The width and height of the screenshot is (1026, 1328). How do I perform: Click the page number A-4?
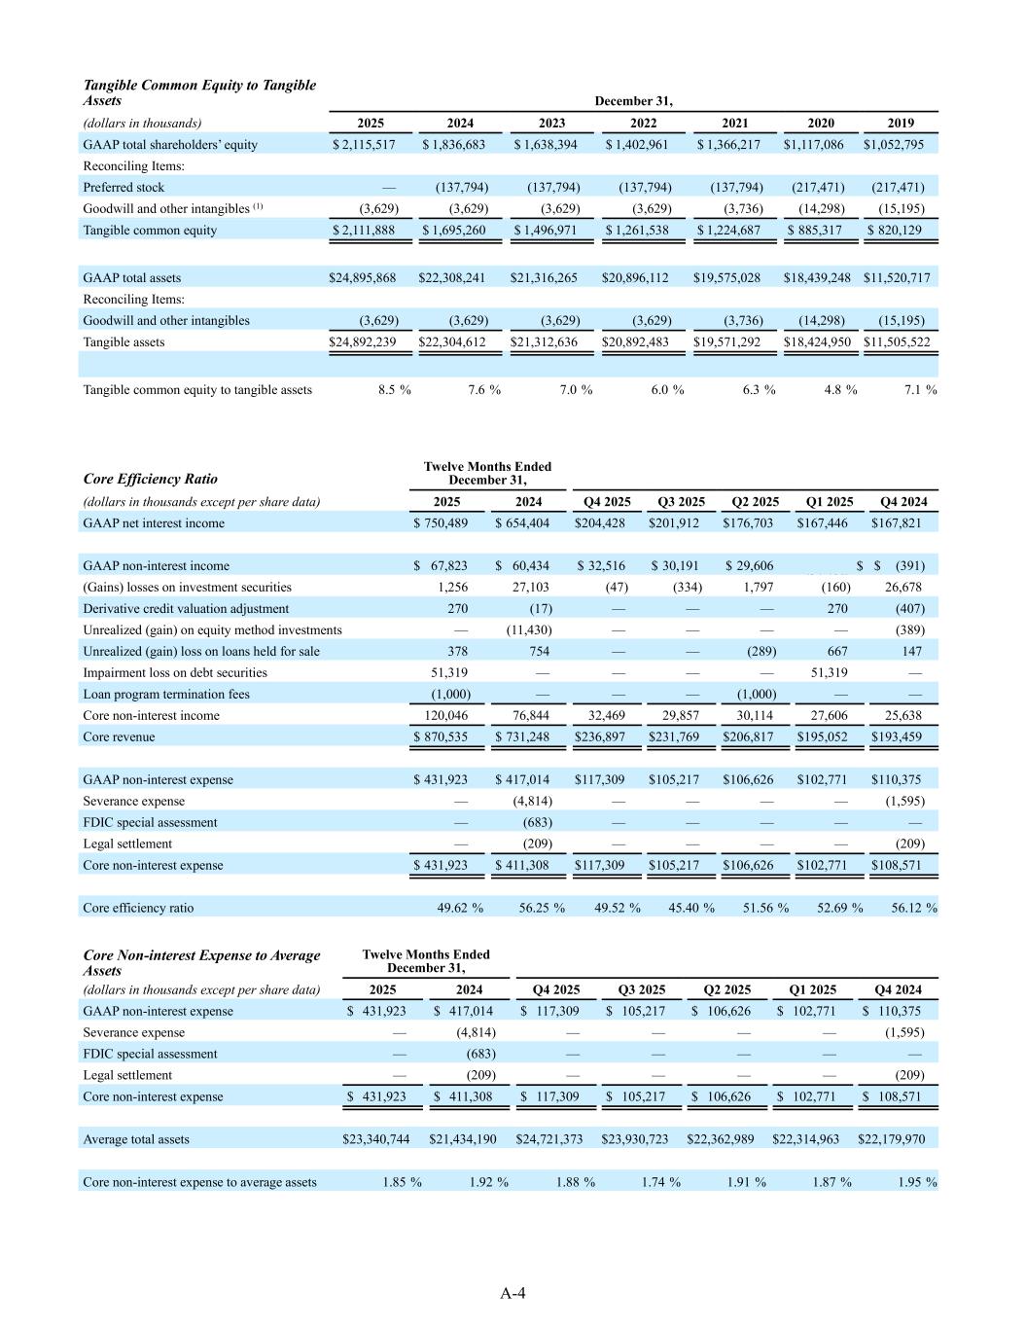tap(513, 1293)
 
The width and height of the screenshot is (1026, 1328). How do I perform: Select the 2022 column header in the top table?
tap(643, 124)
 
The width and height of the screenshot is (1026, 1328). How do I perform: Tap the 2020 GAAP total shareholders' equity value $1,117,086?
tap(814, 145)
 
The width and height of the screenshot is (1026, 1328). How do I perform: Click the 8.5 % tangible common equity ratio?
tap(394, 390)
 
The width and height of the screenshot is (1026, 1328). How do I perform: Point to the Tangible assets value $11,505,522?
tap(897, 342)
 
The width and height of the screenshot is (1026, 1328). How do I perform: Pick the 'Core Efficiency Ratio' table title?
tap(151, 479)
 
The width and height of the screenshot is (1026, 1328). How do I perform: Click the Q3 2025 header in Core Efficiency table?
tap(681, 502)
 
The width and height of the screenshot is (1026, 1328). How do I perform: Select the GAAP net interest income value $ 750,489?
tap(442, 523)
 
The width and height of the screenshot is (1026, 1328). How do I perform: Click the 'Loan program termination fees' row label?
tap(166, 695)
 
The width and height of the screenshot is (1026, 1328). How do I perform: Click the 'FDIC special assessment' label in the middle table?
tap(150, 823)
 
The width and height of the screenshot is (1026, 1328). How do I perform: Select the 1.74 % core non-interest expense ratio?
tap(660, 1182)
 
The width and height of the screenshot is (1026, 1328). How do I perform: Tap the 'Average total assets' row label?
tap(136, 1139)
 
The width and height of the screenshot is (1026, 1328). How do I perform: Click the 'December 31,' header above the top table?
tap(633, 101)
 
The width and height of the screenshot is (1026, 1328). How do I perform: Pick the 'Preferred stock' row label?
tap(124, 188)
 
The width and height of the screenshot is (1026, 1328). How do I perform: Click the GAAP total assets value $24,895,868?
tap(363, 278)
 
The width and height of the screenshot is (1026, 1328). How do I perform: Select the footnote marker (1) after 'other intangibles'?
tap(258, 206)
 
